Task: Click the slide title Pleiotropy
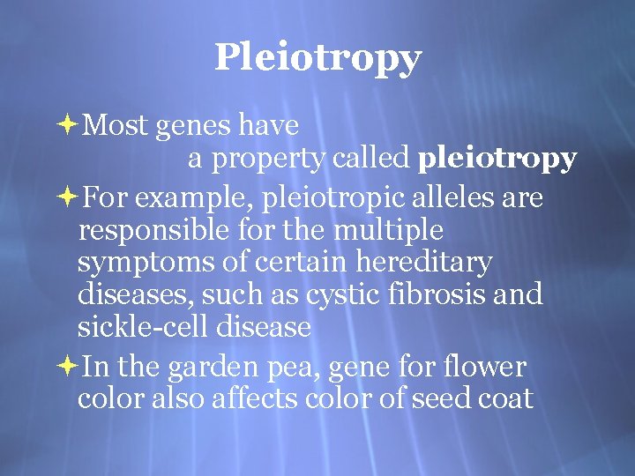point(317,58)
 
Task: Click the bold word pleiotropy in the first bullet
point(497,159)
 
